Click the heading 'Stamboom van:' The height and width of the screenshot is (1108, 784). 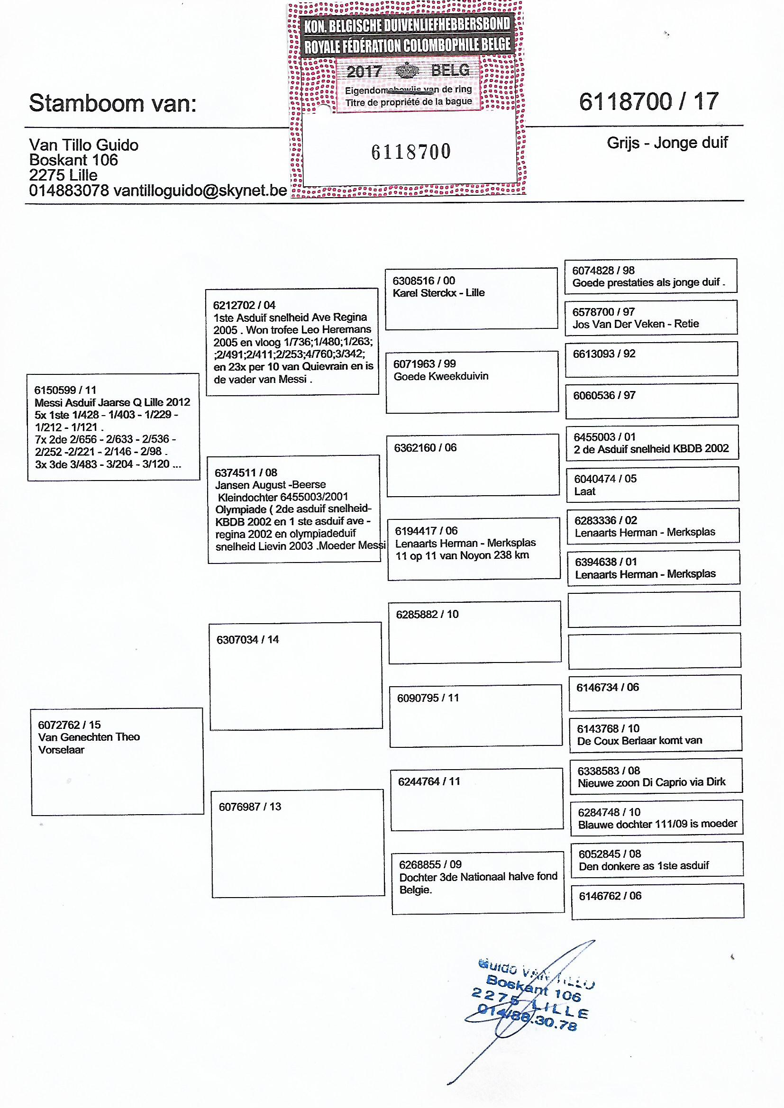[x=112, y=103]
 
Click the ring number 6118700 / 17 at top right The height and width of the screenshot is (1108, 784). [x=649, y=102]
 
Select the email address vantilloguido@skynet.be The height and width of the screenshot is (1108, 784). [x=200, y=191]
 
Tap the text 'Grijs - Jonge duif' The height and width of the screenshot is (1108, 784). [x=667, y=143]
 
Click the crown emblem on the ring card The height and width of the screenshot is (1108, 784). [x=409, y=71]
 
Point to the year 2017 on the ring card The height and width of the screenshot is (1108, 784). [x=364, y=72]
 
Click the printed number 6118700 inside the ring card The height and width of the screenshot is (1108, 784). [x=411, y=152]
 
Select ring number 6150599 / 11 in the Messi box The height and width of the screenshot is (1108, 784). [x=65, y=390]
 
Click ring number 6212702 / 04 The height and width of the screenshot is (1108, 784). [x=244, y=305]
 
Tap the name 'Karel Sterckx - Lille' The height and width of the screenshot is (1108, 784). [x=438, y=292]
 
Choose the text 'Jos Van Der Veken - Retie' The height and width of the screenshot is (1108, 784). [x=635, y=324]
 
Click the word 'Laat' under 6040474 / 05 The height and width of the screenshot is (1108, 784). [x=584, y=491]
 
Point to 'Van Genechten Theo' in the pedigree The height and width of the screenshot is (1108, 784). [x=89, y=737]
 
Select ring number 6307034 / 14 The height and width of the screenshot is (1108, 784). [x=247, y=639]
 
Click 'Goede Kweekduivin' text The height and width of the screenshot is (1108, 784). [x=441, y=376]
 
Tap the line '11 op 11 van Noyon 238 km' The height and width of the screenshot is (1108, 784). [x=462, y=555]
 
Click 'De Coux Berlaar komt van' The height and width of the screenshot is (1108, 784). [x=639, y=740]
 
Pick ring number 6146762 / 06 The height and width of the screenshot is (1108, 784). [x=610, y=896]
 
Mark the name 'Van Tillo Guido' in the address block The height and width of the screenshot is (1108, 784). [x=83, y=145]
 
